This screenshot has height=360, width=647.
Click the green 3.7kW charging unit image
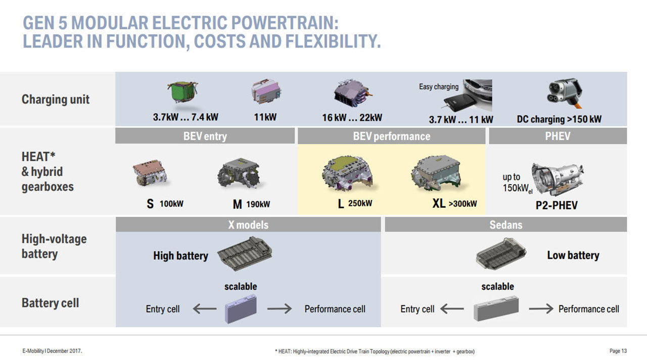183,92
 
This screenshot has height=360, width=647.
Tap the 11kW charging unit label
265,117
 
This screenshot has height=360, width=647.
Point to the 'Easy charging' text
439,86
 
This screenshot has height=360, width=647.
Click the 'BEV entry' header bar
205,136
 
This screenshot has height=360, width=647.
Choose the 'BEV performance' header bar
392,136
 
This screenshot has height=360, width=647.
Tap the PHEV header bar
558,136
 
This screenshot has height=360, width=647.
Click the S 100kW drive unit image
150,173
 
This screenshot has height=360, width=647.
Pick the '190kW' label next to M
258,204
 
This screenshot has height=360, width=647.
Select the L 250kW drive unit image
348,173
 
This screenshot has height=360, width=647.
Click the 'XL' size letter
439,203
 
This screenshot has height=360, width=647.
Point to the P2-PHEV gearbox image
558,179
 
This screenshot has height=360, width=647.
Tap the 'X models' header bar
248,224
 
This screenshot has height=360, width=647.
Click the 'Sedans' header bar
506,224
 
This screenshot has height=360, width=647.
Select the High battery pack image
245,254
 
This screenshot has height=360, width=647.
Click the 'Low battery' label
573,255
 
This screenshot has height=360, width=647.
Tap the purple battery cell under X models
241,308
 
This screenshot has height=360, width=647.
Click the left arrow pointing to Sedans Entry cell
452,308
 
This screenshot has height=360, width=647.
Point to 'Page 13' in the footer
618,351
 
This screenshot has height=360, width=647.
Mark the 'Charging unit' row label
56,99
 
